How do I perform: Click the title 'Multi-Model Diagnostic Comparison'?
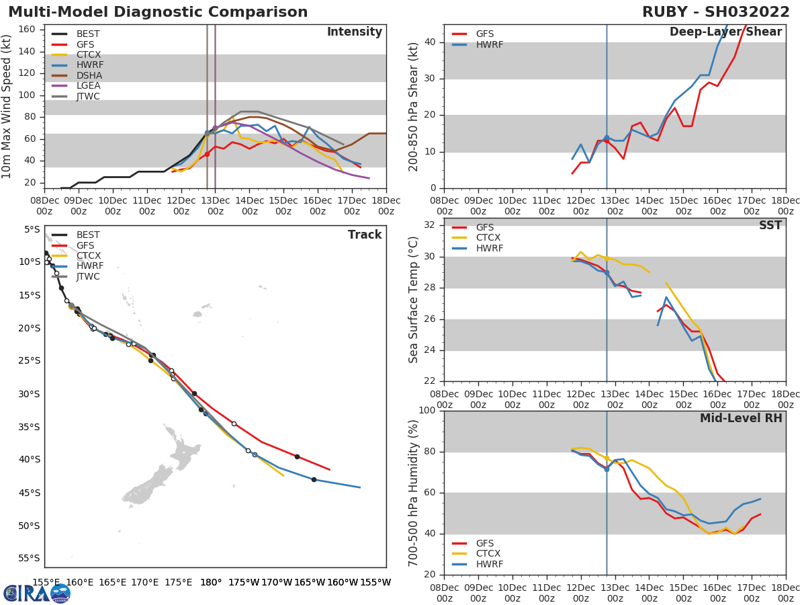(158, 12)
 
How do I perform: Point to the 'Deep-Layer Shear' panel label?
(725, 32)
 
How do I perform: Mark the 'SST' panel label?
(770, 225)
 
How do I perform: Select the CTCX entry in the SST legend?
(489, 238)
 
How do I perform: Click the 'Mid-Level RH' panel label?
(741, 418)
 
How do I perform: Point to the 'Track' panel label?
(364, 235)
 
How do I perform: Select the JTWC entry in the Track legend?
(88, 277)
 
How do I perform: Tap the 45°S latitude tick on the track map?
(30, 493)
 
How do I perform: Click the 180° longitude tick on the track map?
(211, 583)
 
